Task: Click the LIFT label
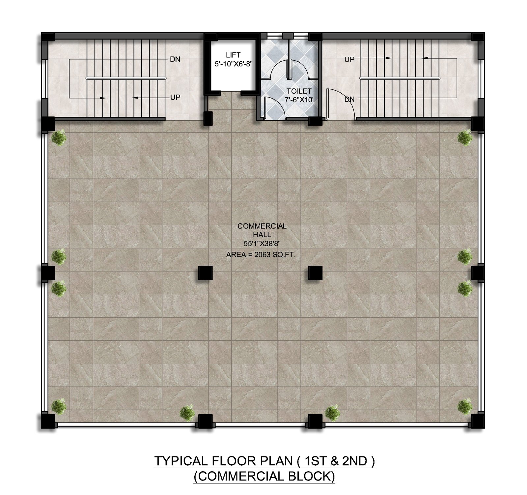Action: pos(233,55)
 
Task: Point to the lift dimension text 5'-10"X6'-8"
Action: pos(234,64)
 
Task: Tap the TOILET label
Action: pos(299,91)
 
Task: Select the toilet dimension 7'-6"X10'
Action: pos(299,100)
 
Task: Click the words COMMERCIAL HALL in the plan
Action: pos(262,230)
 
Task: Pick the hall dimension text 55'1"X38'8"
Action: pos(262,244)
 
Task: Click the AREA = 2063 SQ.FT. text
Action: pos(261,254)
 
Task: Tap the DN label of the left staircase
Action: pos(175,59)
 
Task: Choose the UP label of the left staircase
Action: pos(175,97)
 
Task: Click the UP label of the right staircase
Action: pos(349,59)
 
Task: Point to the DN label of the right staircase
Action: pos(349,99)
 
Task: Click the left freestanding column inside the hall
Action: pos(206,273)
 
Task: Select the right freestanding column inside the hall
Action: pos(315,273)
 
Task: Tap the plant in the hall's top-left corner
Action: pos(59,137)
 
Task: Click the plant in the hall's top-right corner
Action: pos(465,137)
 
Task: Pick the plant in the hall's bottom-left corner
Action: pos(59,406)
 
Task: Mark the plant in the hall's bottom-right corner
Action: pos(465,406)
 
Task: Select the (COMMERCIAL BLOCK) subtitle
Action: pos(264,477)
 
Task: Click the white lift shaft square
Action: pos(233,65)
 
